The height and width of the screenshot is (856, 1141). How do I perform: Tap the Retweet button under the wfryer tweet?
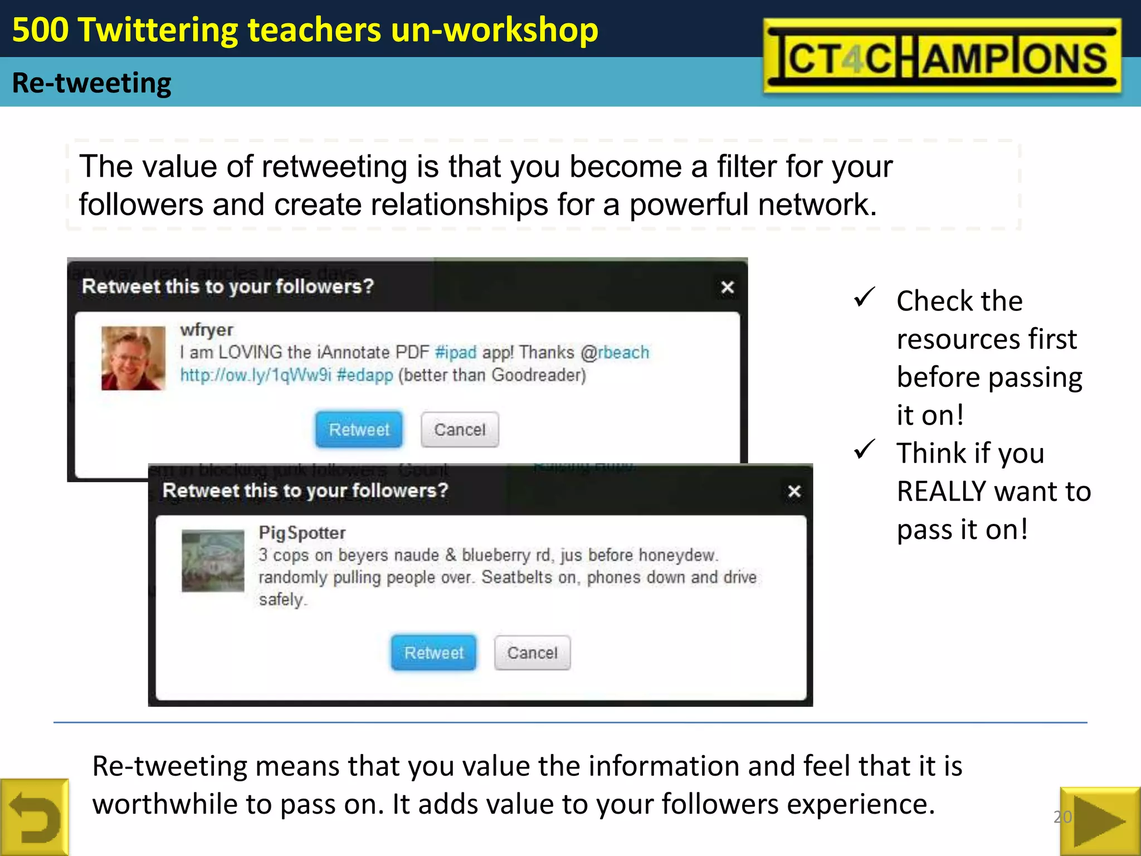point(359,429)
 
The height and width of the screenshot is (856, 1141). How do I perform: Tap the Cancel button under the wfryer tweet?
point(460,429)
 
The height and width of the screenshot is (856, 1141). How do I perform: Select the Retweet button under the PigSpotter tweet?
point(433,652)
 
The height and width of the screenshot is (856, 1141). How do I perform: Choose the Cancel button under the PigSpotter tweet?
point(532,652)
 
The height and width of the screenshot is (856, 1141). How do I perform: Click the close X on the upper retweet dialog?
point(727,287)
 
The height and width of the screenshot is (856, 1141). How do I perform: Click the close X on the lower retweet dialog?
point(794,491)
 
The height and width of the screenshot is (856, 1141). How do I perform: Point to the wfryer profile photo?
point(133,358)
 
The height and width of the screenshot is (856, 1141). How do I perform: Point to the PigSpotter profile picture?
point(213,560)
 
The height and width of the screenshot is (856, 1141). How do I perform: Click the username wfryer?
point(206,329)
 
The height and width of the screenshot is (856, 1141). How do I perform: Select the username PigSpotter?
point(302,533)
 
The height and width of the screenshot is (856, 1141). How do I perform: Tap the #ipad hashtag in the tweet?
point(455,352)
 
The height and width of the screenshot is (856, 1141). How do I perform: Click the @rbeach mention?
point(615,352)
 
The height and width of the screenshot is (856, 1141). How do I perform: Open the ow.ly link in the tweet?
point(256,375)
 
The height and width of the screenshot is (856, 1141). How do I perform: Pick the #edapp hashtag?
point(365,375)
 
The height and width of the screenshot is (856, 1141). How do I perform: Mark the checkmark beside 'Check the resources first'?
point(864,298)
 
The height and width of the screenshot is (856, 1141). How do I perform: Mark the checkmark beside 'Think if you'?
point(864,449)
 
